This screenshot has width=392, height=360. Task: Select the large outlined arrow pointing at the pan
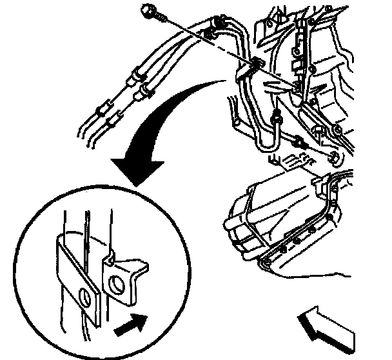click(x=331, y=326)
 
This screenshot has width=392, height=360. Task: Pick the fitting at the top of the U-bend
click(x=275, y=118)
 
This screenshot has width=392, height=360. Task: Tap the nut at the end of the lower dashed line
click(x=333, y=159)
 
